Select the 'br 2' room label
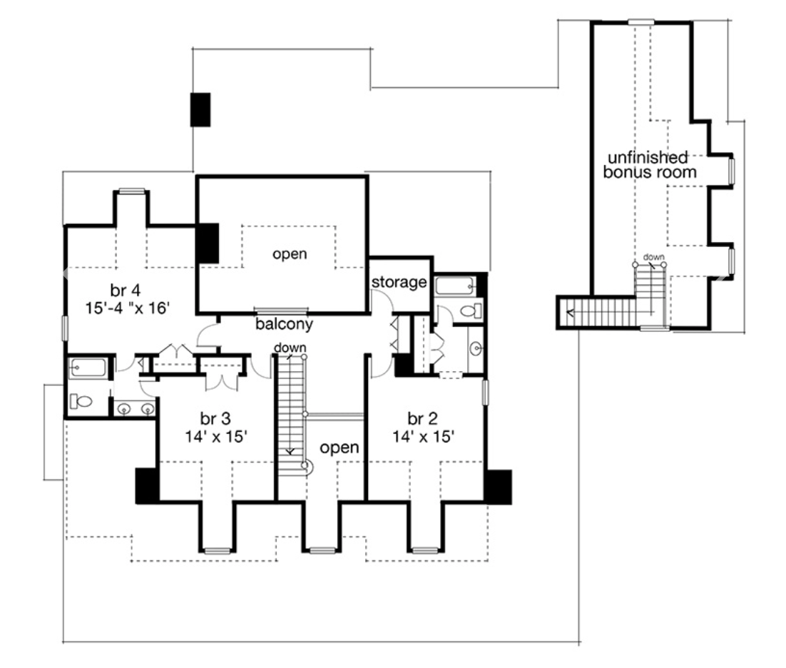tap(421, 417)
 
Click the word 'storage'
tap(398, 283)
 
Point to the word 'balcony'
tap(285, 325)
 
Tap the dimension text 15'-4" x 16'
tap(128, 308)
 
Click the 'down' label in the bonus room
tap(653, 256)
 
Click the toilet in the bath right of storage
tap(471, 311)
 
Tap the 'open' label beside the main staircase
tap(339, 447)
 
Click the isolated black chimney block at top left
tap(200, 109)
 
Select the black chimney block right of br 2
tap(498, 487)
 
